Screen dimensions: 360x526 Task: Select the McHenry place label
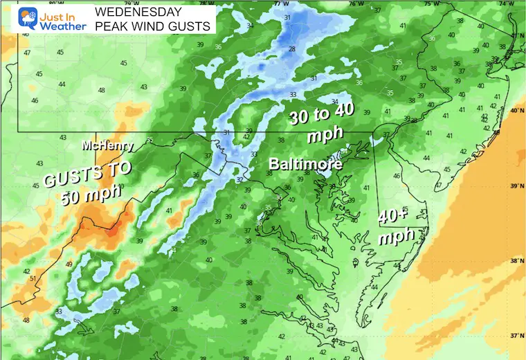[x=103, y=146]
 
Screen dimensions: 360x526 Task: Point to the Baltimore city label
[x=305, y=165]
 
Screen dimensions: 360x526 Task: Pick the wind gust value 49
[x=68, y=264]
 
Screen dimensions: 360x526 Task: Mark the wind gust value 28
[x=292, y=48]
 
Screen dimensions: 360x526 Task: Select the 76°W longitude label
[x=355, y=4]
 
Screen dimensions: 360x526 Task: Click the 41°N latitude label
[x=515, y=35]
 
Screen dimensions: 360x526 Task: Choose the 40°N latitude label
[x=515, y=111]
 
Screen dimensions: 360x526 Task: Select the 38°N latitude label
[x=515, y=262]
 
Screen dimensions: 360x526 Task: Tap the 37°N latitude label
[x=515, y=336]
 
